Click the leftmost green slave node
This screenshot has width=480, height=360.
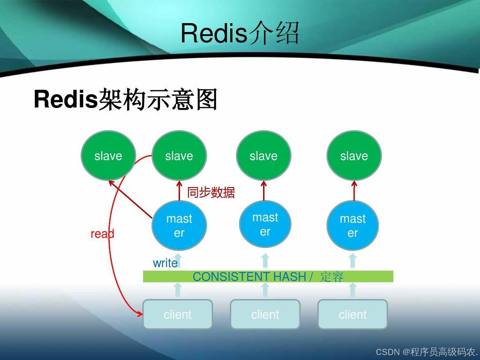click(x=108, y=156)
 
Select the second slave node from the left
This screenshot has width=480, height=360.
click(x=179, y=156)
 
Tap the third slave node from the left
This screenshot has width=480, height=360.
click(x=264, y=156)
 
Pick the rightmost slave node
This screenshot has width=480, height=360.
click(x=354, y=156)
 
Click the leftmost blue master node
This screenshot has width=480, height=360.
click(x=179, y=226)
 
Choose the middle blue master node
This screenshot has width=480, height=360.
click(x=265, y=224)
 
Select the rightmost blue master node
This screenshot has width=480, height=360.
click(x=353, y=226)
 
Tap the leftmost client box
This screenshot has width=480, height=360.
click(x=177, y=314)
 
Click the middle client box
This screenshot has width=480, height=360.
click(x=265, y=314)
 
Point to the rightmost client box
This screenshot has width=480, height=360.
click(x=352, y=314)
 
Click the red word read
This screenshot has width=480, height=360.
click(x=102, y=234)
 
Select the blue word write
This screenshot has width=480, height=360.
click(x=165, y=263)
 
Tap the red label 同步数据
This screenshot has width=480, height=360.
click(x=211, y=192)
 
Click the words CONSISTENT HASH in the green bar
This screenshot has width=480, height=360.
click(x=249, y=276)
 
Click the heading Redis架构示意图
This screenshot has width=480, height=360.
click(x=125, y=99)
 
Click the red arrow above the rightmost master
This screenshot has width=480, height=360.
click(x=354, y=191)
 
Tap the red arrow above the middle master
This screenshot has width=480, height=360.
click(x=264, y=190)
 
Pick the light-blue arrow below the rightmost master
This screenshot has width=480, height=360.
click(x=353, y=260)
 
